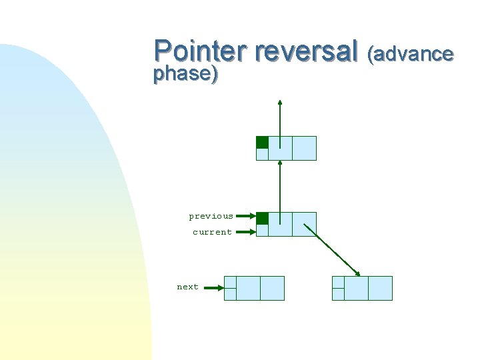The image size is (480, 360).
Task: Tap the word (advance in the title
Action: (411, 53)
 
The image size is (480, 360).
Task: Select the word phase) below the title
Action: (185, 73)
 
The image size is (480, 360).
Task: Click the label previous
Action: (211, 216)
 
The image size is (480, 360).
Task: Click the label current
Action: (212, 232)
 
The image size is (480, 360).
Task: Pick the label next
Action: (187, 287)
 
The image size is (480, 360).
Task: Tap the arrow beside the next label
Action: (212, 288)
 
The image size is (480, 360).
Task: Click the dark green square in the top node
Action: (263, 142)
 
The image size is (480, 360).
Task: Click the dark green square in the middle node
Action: (263, 218)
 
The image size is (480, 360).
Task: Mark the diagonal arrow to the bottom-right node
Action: (332, 248)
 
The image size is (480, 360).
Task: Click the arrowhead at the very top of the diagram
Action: (280, 103)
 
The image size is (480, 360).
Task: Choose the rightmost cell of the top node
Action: (304, 148)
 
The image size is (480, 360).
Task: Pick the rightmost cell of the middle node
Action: (304, 224)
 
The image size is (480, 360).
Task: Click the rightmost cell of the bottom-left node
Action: (272, 288)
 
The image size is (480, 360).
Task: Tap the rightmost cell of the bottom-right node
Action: (380, 288)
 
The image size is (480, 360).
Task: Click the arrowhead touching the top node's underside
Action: (280, 163)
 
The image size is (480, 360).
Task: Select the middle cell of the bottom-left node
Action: (248, 288)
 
